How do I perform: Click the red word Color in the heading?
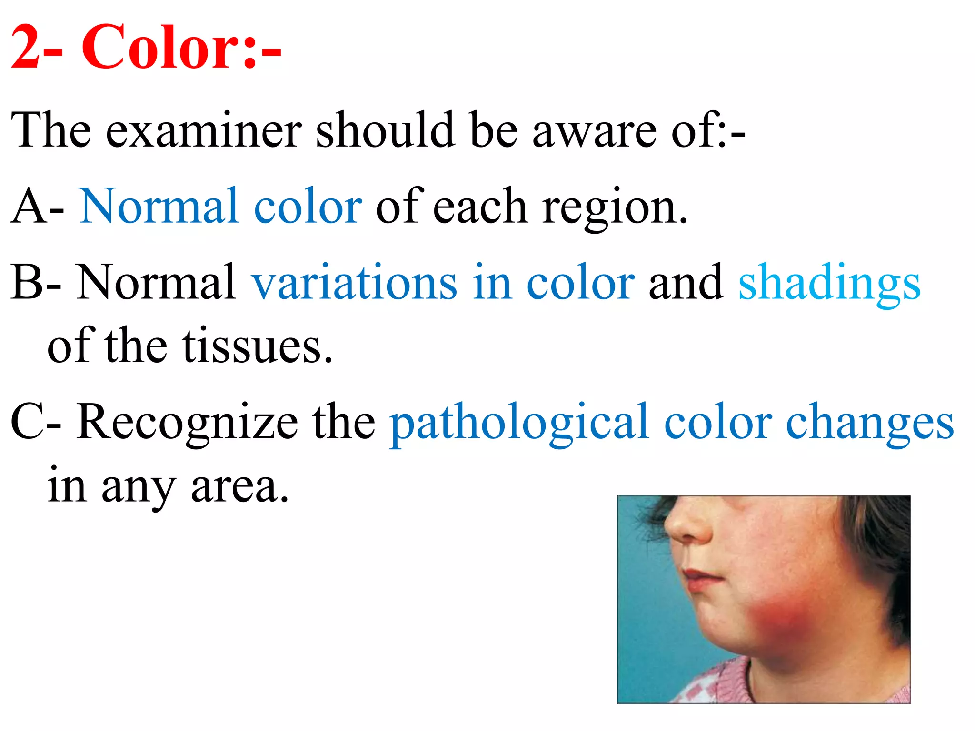coord(162,48)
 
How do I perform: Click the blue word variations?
coord(354,283)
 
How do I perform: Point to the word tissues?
coord(257,346)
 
